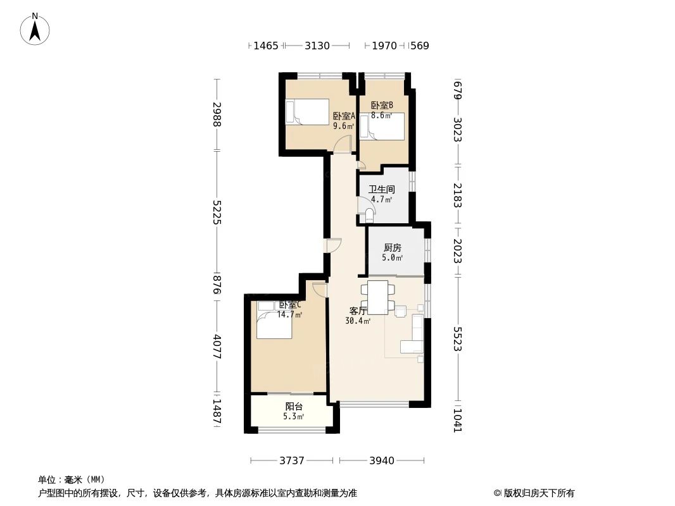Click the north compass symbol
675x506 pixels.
pyautogui.click(x=36, y=28)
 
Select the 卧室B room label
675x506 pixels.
pyautogui.click(x=382, y=106)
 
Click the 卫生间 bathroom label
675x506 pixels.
pyautogui.click(x=382, y=189)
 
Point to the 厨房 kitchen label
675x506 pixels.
pyautogui.click(x=393, y=248)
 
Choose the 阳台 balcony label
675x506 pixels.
pyautogui.click(x=294, y=407)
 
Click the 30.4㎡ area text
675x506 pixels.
pyautogui.click(x=357, y=321)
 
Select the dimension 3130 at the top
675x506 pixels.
pyautogui.click(x=317, y=46)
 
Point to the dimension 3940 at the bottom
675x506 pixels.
pyautogui.click(x=381, y=460)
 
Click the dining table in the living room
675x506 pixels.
pyautogui.click(x=378, y=297)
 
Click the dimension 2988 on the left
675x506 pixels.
pyautogui.click(x=217, y=114)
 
